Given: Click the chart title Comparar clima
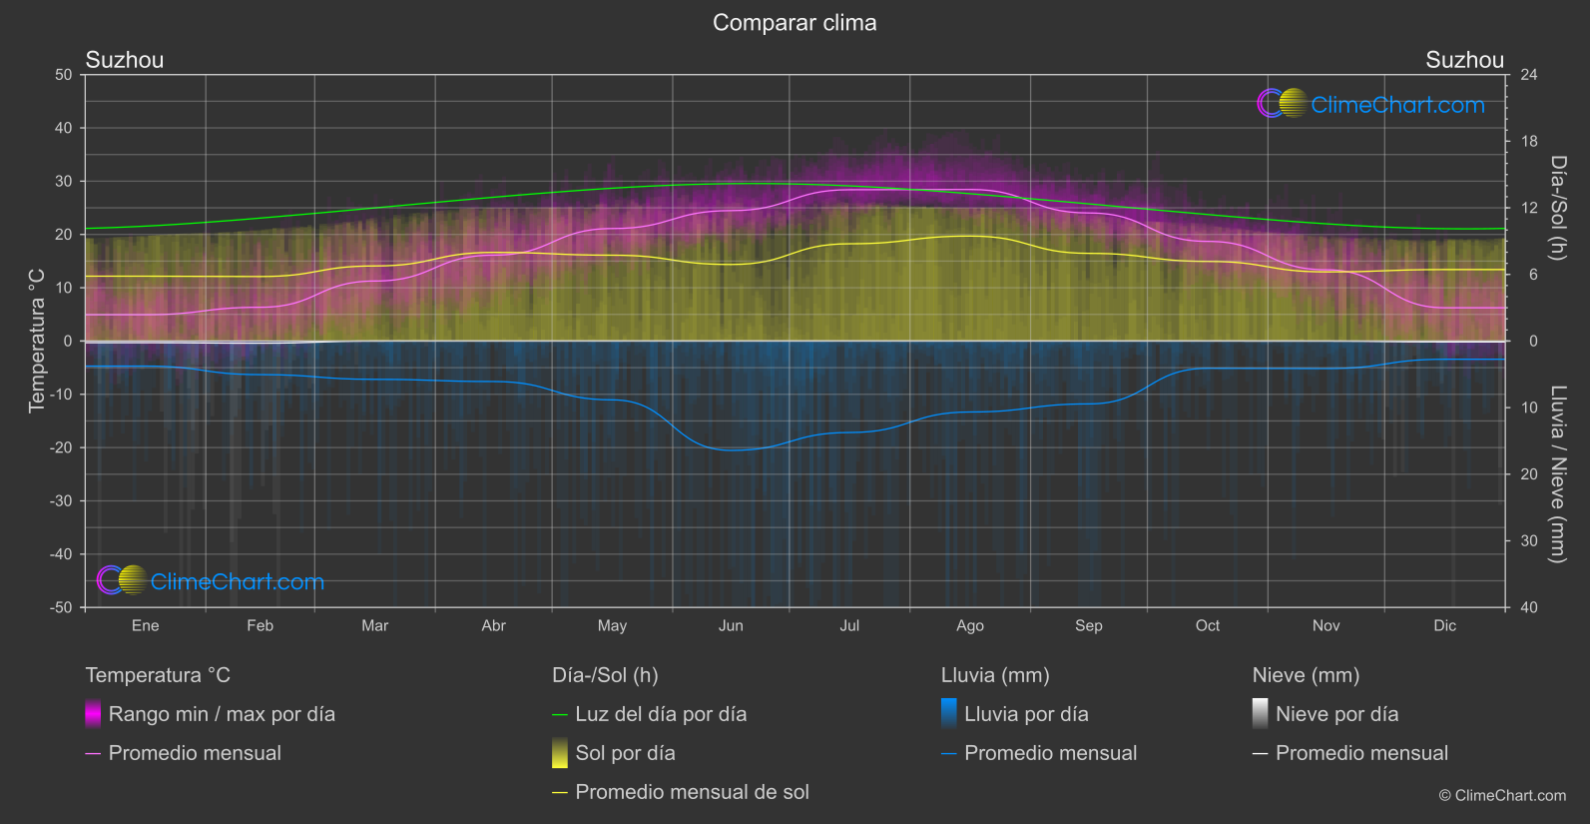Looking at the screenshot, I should (x=795, y=23).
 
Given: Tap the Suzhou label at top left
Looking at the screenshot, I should (x=125, y=60).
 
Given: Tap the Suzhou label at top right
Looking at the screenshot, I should (x=1464, y=60).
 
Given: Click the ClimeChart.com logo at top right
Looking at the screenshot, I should (x=1370, y=104).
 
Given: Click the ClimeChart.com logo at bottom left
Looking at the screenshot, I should (x=211, y=581).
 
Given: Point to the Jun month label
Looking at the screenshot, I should (x=731, y=625).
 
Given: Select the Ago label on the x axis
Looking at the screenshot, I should (x=969, y=625).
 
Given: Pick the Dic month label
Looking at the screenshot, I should (x=1444, y=625).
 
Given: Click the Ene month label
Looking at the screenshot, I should (x=146, y=625).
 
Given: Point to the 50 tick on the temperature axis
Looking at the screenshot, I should (x=64, y=75).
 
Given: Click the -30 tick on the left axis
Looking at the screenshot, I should (x=61, y=501).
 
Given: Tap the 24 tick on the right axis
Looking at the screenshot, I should (x=1528, y=75).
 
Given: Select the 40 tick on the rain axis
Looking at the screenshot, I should (x=1528, y=607).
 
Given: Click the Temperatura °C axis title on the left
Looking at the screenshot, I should (x=37, y=341).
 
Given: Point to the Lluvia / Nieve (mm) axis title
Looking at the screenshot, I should (x=1557, y=474).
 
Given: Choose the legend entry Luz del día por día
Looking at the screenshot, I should (x=660, y=714).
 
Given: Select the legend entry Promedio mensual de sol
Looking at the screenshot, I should (x=691, y=792).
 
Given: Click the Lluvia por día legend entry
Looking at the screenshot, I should (x=1025, y=714).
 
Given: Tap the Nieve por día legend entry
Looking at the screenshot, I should (x=1336, y=714).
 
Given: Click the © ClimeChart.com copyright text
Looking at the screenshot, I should (x=1502, y=796).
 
